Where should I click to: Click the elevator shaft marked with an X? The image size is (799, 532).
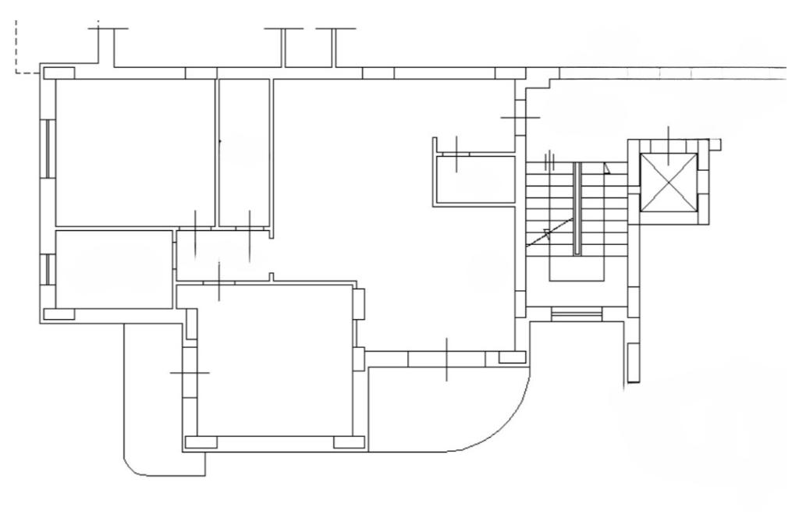click(668, 183)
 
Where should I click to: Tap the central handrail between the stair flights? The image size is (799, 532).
click(577, 208)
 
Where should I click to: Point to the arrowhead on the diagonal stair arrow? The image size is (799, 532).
click(547, 232)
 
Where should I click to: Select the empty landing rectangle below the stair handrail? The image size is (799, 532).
click(577, 268)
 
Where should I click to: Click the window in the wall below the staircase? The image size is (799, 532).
click(577, 314)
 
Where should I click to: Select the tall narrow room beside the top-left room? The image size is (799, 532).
click(243, 152)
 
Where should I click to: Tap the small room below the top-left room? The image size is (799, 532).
click(114, 269)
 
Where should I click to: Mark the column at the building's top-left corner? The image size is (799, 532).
click(59, 73)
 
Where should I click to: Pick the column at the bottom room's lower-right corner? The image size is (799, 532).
click(349, 442)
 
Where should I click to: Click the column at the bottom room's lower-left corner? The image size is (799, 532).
click(201, 442)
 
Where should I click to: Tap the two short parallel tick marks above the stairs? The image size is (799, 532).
click(550, 161)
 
